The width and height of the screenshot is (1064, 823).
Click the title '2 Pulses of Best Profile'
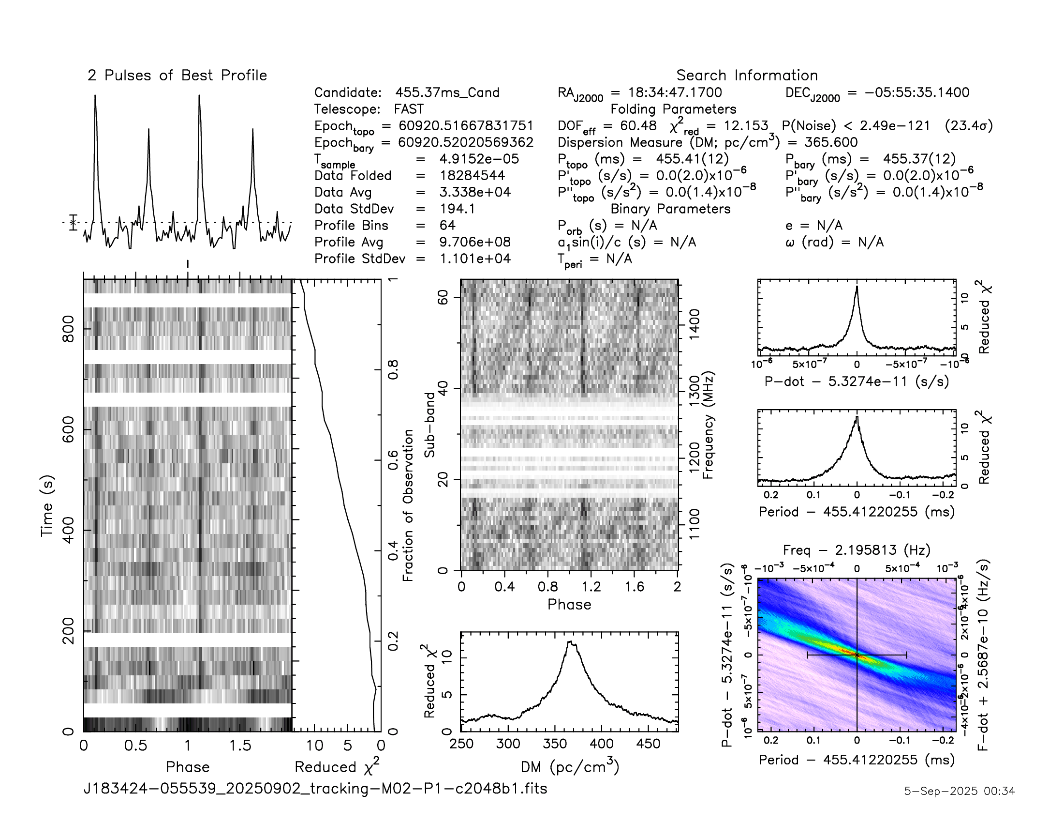point(177,76)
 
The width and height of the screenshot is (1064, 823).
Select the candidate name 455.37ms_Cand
point(447,92)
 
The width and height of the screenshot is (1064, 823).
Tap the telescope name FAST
point(409,109)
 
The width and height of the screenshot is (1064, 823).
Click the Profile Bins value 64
point(447,225)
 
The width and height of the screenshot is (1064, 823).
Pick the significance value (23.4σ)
point(968,126)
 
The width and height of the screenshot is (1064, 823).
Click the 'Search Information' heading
point(746,76)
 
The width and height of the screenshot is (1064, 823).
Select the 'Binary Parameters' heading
point(670,209)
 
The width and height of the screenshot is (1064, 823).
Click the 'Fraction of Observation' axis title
point(408,505)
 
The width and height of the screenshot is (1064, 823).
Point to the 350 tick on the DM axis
point(555,744)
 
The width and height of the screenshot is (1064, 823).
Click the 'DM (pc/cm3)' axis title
point(570,767)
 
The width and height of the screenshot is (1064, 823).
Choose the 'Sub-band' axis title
point(429,425)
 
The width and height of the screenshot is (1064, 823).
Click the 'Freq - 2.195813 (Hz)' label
point(857,550)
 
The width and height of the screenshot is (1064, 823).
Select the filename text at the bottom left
point(315,788)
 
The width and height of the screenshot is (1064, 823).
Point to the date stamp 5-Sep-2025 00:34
point(959,791)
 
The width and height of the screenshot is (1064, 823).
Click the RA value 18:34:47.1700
point(674,92)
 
